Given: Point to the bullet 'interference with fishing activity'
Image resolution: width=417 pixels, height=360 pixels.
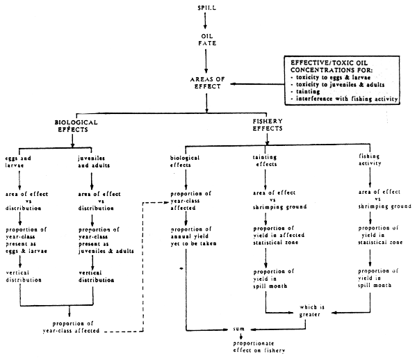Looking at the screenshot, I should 346,99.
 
